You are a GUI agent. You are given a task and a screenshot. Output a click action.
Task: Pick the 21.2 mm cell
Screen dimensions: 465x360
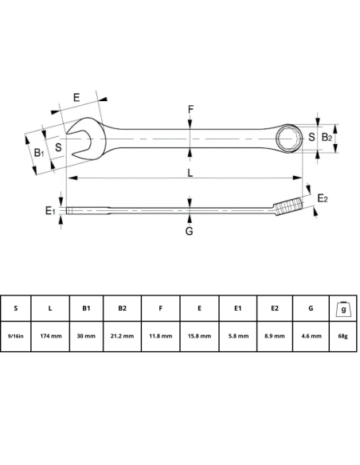tap(122, 336)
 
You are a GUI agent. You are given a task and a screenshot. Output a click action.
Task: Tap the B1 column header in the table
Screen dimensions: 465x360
tap(87, 307)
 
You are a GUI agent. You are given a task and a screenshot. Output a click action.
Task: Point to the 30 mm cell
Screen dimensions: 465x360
tap(87, 336)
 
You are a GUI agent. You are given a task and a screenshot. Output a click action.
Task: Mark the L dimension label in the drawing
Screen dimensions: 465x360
tap(190, 173)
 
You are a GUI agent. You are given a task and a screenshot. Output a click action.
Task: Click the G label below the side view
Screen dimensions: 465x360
tap(189, 232)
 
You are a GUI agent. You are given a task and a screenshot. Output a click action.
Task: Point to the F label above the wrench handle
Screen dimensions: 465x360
tap(190, 110)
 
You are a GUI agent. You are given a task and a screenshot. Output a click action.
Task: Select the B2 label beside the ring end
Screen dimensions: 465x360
tap(326, 138)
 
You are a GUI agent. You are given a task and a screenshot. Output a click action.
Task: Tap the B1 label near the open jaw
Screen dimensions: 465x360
tap(38, 151)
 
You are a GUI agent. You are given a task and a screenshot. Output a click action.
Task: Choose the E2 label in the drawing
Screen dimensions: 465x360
tap(323, 197)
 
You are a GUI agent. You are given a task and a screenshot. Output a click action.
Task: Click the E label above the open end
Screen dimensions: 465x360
tap(76, 97)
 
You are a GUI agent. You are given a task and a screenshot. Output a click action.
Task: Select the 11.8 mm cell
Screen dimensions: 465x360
tap(159, 336)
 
